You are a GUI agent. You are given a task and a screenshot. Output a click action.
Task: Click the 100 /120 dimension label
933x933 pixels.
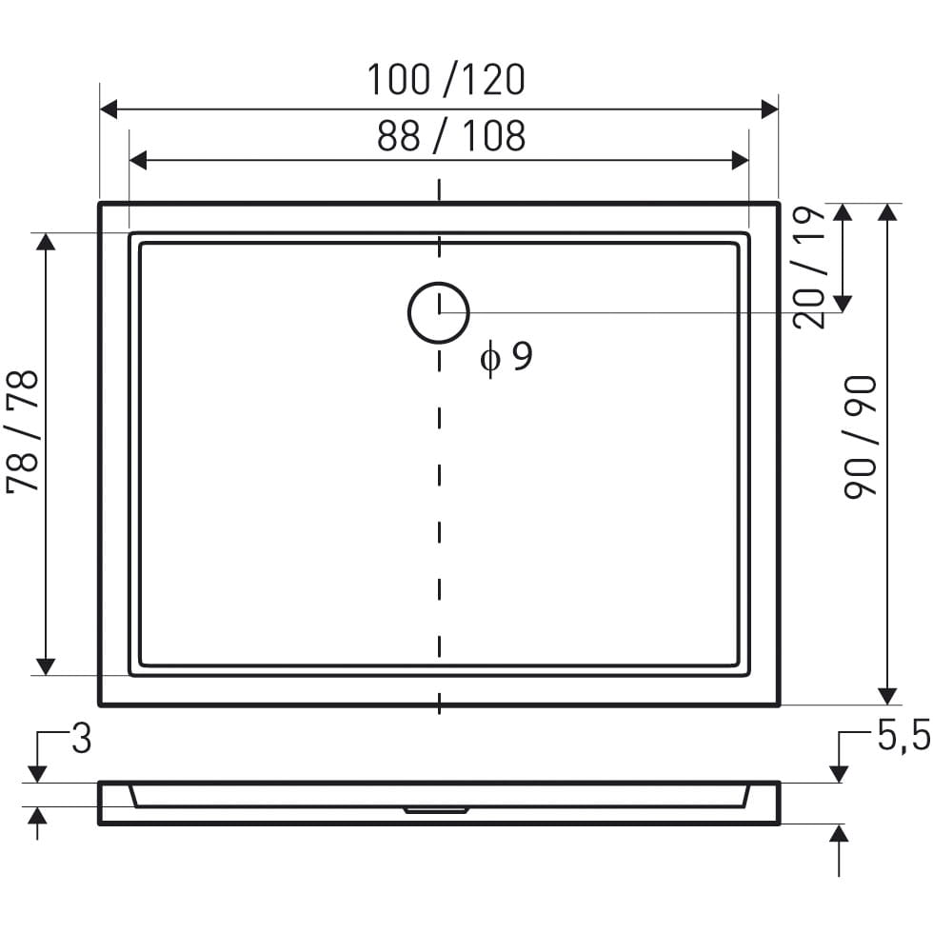(x=446, y=80)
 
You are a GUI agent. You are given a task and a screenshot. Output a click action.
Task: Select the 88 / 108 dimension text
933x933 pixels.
(x=451, y=135)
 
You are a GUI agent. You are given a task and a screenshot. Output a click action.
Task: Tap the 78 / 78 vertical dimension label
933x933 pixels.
(x=23, y=432)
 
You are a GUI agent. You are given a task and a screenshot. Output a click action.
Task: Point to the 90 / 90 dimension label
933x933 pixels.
(x=861, y=437)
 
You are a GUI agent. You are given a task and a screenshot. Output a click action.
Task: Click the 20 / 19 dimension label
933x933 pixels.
(x=809, y=268)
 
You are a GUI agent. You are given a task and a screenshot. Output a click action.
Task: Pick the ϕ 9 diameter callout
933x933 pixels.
(x=506, y=358)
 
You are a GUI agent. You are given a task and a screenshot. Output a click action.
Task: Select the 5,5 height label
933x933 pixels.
(x=903, y=736)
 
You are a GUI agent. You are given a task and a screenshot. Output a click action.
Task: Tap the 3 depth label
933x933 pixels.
(x=82, y=739)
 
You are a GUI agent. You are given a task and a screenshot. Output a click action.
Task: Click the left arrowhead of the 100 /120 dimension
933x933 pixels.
(x=109, y=109)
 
